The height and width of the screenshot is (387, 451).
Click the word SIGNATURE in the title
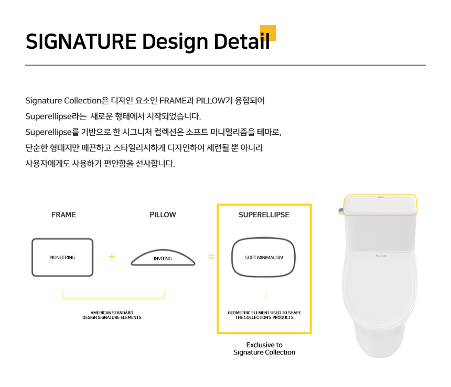[x=81, y=41]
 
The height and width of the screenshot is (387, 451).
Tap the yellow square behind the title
[x=268, y=33]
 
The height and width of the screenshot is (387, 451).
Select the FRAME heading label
[x=64, y=215]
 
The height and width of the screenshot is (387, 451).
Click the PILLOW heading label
[x=163, y=215]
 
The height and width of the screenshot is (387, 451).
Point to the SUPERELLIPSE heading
[x=264, y=215]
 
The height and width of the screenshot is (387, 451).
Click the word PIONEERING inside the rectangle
[x=62, y=257]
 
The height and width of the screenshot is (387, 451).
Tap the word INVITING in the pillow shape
[x=163, y=259]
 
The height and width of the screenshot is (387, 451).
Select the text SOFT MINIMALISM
[x=264, y=257]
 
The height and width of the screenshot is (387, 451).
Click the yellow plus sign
[x=112, y=256]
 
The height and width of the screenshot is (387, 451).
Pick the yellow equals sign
[x=211, y=256]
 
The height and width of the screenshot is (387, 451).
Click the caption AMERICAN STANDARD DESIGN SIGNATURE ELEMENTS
[x=112, y=315]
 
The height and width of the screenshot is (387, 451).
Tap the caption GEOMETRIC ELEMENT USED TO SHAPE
[x=264, y=313]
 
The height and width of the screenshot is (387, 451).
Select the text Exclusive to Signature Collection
[x=264, y=349]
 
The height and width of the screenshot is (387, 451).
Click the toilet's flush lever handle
[x=341, y=211]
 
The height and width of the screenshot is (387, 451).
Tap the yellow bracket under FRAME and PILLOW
[x=114, y=299]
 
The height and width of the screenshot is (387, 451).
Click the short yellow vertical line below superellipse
[x=266, y=295]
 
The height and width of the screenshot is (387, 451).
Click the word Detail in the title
[x=242, y=41]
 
